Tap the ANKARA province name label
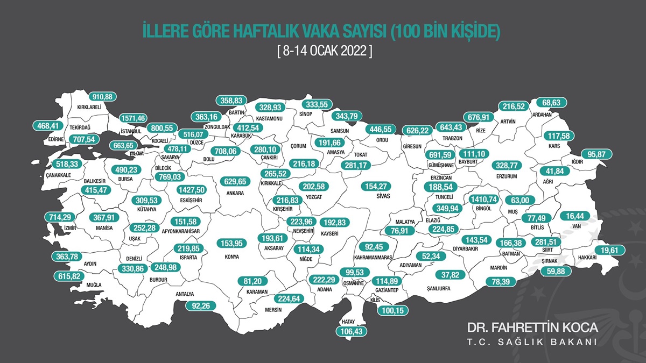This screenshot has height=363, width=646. (235, 193)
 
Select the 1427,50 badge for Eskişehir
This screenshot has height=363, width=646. (192, 189)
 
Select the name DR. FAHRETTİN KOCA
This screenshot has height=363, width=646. (532, 328)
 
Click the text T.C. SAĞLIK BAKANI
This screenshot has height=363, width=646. (532, 343)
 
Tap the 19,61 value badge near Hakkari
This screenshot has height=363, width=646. (609, 250)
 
